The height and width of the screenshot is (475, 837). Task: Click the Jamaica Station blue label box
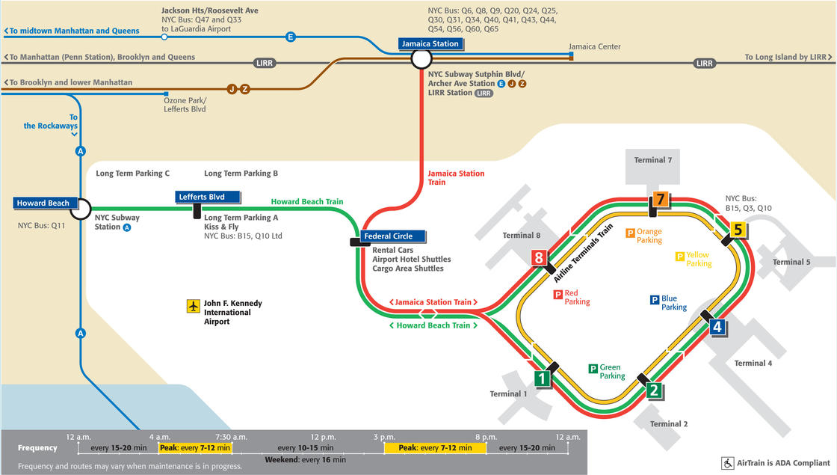[x=429, y=43]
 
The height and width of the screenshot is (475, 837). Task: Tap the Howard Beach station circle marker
[x=80, y=209]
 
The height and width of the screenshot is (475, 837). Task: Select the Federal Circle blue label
[x=388, y=236]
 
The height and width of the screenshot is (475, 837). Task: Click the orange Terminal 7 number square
[x=661, y=199]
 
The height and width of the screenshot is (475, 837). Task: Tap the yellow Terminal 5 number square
[x=738, y=230]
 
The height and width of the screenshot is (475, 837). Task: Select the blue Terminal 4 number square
[x=717, y=327]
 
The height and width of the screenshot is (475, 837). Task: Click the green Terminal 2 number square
[x=653, y=390]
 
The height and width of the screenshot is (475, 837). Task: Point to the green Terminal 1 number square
[x=542, y=379]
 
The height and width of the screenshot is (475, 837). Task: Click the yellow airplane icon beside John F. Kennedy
[x=194, y=306]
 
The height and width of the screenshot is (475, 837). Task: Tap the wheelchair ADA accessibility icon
[x=726, y=463]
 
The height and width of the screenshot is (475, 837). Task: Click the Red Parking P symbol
[x=558, y=295]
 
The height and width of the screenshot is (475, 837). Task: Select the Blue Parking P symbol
[x=655, y=300]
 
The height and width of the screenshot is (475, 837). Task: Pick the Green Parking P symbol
[x=593, y=368]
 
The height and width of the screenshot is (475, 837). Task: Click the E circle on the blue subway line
[x=291, y=36]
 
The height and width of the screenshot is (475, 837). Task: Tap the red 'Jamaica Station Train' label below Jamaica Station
[x=456, y=178]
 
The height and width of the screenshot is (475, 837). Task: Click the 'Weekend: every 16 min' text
[x=305, y=459]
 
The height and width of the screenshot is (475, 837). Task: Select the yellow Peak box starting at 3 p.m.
[x=435, y=447]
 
